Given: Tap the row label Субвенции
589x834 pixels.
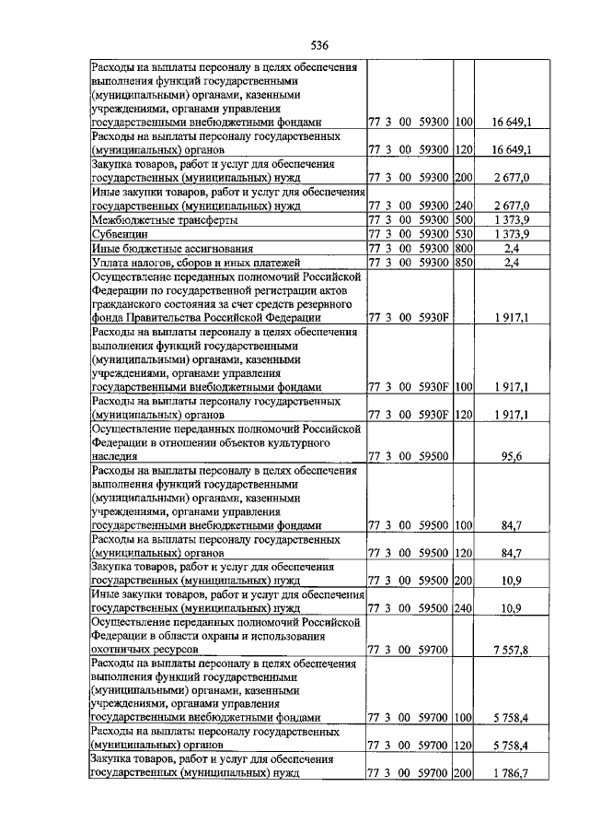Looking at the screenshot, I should point(114,235).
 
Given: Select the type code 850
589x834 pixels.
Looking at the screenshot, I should point(463,264).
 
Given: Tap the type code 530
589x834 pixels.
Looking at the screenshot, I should point(463,235).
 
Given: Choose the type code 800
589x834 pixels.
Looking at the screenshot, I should point(463,249).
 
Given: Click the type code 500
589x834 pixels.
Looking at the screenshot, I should point(463,221).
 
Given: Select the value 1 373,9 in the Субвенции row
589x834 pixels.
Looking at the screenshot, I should point(508,235).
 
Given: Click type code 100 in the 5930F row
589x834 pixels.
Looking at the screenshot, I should point(463,387).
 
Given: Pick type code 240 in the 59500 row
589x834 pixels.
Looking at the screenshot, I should point(463,608).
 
